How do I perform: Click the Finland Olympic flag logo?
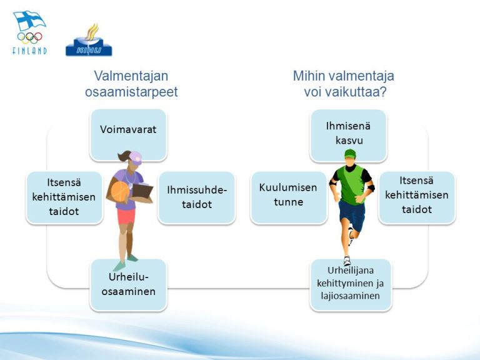click(x=30, y=32)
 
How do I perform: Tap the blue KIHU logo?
click(x=89, y=40)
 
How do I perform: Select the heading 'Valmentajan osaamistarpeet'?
click(x=131, y=84)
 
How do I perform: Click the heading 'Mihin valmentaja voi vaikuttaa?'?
click(x=344, y=84)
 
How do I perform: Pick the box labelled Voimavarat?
click(x=128, y=135)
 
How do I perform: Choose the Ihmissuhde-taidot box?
click(x=197, y=197)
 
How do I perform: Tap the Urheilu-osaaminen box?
click(x=128, y=285)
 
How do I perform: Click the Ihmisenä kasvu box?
click(x=348, y=135)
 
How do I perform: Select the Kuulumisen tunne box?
click(x=288, y=197)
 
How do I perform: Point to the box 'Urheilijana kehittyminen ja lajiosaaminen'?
click(x=351, y=285)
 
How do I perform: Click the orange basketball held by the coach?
click(x=120, y=192)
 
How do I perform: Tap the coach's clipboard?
click(x=142, y=191)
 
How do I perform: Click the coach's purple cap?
click(x=135, y=157)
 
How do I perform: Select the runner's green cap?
click(x=350, y=153)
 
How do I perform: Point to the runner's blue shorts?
click(x=352, y=216)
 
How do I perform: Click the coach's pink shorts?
click(x=126, y=216)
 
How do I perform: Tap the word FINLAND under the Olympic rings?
click(x=30, y=51)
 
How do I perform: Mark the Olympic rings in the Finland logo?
click(x=30, y=37)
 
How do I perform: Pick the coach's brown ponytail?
click(x=124, y=156)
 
